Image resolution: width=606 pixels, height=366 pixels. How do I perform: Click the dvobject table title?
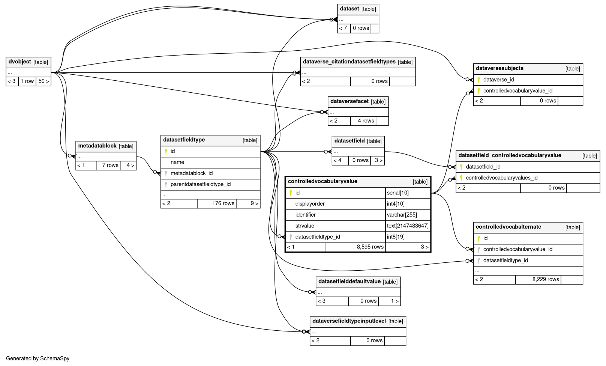(x=20, y=62)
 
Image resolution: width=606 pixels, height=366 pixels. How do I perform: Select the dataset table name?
(x=349, y=9)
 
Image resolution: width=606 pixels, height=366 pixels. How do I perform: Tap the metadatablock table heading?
(x=97, y=146)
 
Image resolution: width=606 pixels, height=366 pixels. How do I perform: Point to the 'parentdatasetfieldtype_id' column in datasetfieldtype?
(x=201, y=184)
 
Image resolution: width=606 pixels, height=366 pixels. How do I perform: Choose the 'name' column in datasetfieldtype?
(x=177, y=162)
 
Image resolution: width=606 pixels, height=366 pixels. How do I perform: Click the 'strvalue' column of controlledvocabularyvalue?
(x=305, y=226)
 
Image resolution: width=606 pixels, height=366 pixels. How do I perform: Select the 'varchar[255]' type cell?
(x=402, y=215)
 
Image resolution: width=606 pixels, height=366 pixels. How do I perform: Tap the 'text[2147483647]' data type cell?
(x=408, y=226)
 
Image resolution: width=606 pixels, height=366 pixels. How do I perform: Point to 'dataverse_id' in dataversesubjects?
(x=499, y=80)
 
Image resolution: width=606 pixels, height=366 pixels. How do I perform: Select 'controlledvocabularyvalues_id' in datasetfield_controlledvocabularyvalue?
(x=502, y=178)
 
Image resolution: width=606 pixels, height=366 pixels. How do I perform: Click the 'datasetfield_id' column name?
(x=483, y=167)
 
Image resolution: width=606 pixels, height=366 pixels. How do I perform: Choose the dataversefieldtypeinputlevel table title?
(x=349, y=321)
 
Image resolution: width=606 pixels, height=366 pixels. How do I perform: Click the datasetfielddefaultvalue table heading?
(x=349, y=282)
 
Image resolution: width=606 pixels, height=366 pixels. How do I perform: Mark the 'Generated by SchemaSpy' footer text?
(x=37, y=358)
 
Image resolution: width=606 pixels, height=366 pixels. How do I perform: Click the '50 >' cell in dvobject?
(x=43, y=81)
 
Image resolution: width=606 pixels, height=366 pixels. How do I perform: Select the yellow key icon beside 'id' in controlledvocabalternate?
(x=478, y=238)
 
